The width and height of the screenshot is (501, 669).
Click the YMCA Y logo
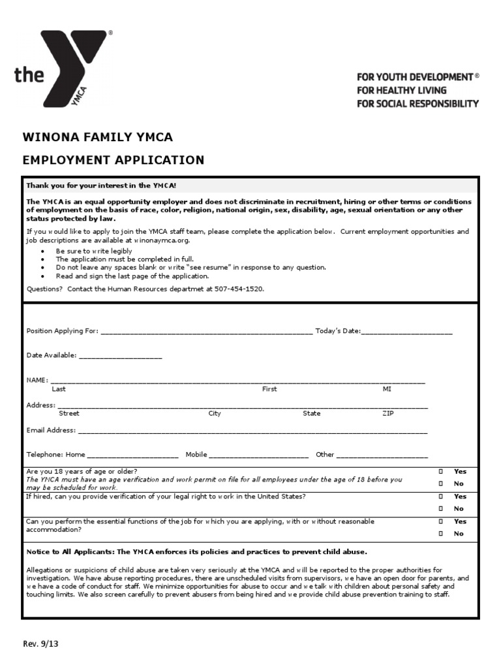(x=75, y=69)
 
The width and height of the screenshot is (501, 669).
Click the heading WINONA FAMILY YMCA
(x=98, y=137)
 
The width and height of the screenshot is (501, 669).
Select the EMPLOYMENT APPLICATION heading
(x=114, y=159)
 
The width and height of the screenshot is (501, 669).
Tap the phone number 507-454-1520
(x=239, y=288)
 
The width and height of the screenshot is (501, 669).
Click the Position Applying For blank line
(x=206, y=331)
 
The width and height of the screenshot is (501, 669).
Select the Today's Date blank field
(x=406, y=331)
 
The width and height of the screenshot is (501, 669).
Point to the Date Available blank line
(x=120, y=356)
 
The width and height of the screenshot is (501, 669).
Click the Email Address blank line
(x=252, y=431)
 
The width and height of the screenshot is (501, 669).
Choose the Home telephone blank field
(x=132, y=455)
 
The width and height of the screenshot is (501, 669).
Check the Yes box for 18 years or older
(x=441, y=471)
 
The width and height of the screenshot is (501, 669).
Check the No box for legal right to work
(x=441, y=508)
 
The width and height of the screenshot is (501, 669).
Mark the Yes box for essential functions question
(x=441, y=521)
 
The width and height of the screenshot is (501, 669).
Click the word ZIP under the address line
(x=388, y=414)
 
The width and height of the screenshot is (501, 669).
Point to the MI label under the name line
(x=387, y=389)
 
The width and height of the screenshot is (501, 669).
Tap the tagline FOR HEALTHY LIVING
(x=401, y=90)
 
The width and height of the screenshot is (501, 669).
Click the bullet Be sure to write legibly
(x=94, y=251)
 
